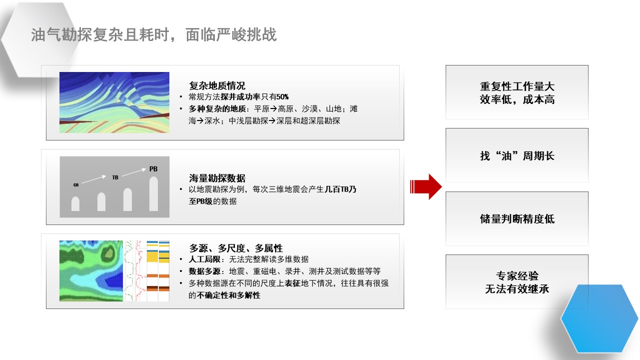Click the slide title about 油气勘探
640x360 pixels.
[154, 35]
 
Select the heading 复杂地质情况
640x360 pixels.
[217, 85]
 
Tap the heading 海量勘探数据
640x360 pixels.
[217, 178]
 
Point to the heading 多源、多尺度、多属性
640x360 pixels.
[236, 248]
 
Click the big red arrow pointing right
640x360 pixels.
[426, 186]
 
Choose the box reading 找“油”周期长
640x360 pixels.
[517, 155]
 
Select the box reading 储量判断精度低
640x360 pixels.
[517, 218]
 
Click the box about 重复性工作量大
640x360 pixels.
[517, 92]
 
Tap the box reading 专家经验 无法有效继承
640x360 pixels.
[517, 281]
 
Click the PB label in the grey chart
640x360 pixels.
[153, 169]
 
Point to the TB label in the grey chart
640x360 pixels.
[115, 177]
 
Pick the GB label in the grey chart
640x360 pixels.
[76, 185]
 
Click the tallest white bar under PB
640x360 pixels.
[154, 194]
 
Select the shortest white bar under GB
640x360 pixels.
[75, 204]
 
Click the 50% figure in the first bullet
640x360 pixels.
[283, 97]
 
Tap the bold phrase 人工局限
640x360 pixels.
[204, 259]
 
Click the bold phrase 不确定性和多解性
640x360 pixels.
[228, 295]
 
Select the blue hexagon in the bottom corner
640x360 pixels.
[600, 318]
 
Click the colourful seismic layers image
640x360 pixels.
[114, 102]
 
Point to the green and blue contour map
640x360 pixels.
[91, 271]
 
